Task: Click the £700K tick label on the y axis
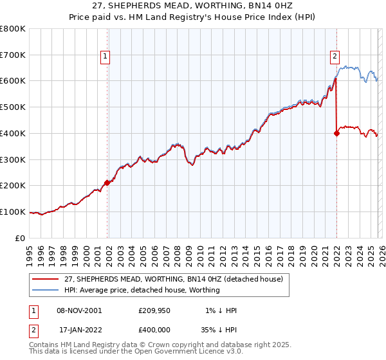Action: (12, 55)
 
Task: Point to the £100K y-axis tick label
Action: (12, 212)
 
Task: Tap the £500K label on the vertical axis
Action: (12, 107)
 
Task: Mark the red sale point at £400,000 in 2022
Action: (336, 133)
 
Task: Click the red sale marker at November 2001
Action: (107, 183)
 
